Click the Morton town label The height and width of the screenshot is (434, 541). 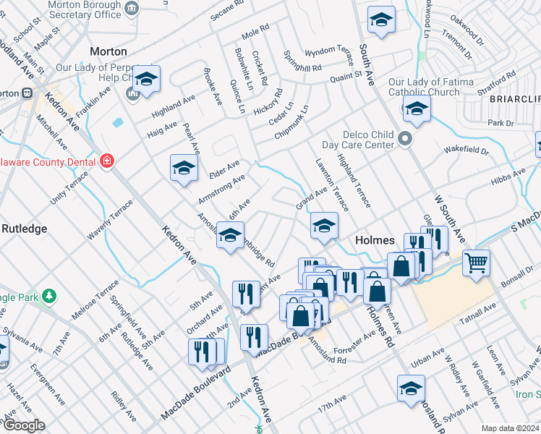point(108,52)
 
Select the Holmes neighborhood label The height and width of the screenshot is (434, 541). point(374,240)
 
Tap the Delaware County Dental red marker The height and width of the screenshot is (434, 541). point(107,161)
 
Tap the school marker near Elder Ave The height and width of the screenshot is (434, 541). point(184,169)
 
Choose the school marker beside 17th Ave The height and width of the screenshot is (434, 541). point(411,387)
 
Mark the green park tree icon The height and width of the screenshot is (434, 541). point(48,296)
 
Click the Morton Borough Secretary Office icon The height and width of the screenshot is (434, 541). point(132,7)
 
